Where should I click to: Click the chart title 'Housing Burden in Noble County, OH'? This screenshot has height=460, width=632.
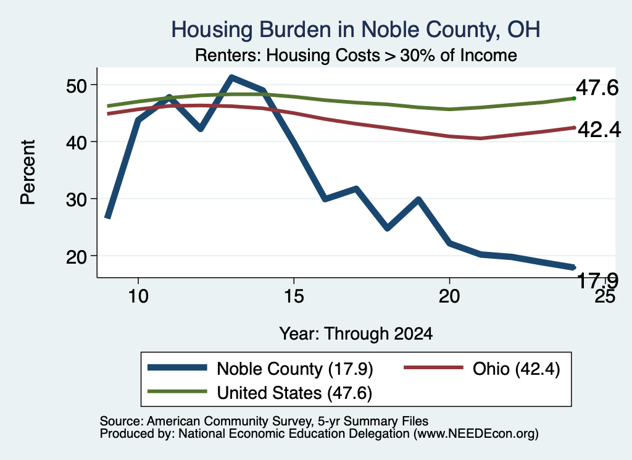[355, 30]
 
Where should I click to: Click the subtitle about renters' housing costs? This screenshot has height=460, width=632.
[356, 55]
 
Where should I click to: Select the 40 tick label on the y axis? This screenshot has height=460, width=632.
[77, 142]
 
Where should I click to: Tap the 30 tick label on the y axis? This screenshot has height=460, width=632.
[77, 199]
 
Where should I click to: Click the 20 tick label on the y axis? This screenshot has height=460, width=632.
[77, 256]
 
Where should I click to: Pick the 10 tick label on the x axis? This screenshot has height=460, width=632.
[138, 296]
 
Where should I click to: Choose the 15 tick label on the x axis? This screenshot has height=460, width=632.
[294, 296]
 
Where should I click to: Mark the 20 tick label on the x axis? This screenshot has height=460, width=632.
[449, 296]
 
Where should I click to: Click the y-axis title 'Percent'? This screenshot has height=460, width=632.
[28, 172]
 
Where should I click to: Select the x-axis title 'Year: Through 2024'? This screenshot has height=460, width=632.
[356, 334]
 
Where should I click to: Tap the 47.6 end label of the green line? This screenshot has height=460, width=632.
[597, 88]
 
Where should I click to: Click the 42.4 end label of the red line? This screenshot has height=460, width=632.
[599, 130]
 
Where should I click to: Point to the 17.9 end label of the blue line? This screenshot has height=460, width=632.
[597, 280]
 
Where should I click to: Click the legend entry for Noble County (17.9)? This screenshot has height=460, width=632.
[260, 369]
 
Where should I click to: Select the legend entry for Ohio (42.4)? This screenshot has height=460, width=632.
[482, 369]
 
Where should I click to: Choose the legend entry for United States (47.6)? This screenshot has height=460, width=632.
[260, 393]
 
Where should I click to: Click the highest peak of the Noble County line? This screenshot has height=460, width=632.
[231, 77]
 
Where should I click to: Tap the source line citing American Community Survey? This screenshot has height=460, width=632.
[264, 421]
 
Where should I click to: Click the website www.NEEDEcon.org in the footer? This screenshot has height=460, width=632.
[475, 434]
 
